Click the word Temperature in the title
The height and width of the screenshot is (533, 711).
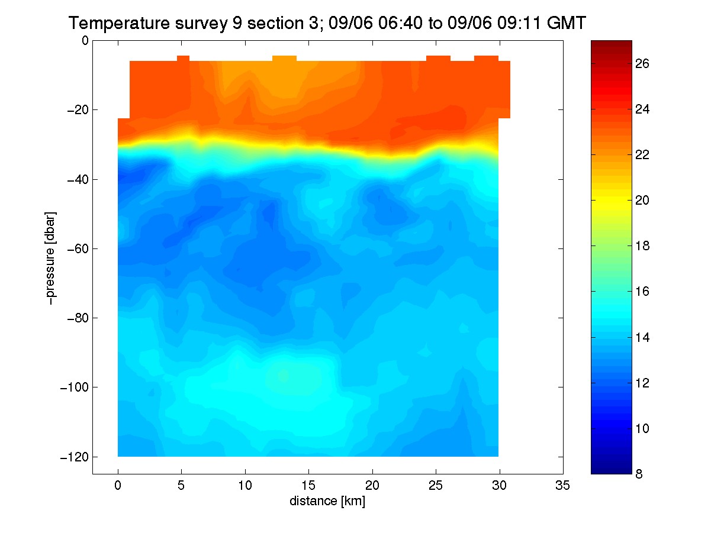coord(119,23)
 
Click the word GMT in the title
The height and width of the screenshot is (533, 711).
coord(566,23)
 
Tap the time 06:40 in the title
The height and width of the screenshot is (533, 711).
coord(400,23)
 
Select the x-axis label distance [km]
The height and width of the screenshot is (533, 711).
coord(327,501)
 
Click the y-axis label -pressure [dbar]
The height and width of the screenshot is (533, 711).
coord(50,258)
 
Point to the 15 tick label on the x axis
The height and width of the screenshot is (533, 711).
coord(308,485)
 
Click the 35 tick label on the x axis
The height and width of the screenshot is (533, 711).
coord(562,485)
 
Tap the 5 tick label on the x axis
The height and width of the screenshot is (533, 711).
coord(181,485)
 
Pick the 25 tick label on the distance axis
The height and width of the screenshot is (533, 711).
coord(435,485)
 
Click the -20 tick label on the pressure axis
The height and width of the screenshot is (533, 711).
coord(78,110)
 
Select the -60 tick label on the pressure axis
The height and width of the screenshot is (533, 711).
coord(78,248)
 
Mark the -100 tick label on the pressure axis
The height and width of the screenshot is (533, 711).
coord(75,387)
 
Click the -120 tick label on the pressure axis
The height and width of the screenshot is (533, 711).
coord(75,457)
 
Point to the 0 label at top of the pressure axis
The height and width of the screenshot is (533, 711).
coord(85,40)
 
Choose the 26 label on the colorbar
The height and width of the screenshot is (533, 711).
coord(642,64)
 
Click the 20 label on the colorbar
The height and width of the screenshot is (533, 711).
coord(642,201)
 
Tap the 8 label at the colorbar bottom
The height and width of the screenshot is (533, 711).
coord(639,474)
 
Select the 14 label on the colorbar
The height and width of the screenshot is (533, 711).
coord(642,338)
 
